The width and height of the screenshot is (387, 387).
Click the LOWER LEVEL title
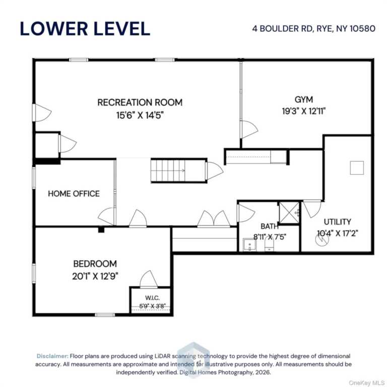(85, 29)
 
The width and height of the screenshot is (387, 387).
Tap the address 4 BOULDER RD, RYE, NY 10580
(314, 29)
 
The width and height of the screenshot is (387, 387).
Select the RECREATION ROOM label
(140, 102)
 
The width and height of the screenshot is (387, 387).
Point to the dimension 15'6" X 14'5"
(140, 115)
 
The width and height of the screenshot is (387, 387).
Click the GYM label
(304, 99)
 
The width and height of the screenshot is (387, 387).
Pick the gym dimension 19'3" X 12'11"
(304, 111)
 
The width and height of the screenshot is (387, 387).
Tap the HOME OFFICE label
(74, 193)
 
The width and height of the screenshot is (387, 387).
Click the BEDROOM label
(95, 264)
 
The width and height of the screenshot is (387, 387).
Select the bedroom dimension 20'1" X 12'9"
(95, 276)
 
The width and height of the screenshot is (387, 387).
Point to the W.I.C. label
(152, 298)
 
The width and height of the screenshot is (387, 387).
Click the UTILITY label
(338, 222)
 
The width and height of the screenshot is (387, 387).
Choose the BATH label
(270, 226)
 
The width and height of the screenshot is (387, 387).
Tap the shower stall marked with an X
(289, 213)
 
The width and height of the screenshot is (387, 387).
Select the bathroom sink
(249, 245)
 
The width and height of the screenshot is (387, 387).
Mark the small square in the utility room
(357, 168)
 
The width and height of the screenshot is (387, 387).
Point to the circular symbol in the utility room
(322, 239)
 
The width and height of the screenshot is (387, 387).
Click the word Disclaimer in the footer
(52, 356)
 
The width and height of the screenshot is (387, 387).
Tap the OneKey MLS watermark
(366, 383)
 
